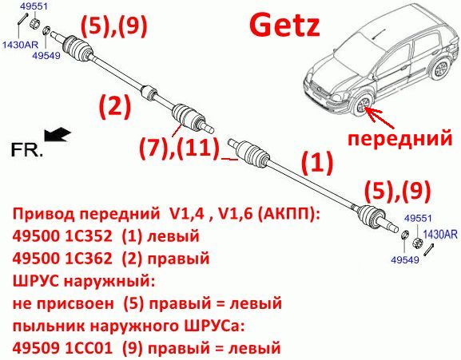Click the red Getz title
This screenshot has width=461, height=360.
pyautogui.click(x=284, y=26)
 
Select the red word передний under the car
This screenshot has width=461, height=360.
pyautogui.click(x=399, y=138)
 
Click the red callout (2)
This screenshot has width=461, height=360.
pyautogui.click(x=115, y=108)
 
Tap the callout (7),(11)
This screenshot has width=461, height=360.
pyautogui.click(x=179, y=148)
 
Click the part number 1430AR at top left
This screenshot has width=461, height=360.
pyautogui.click(x=20, y=45)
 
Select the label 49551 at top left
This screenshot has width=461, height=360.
pyautogui.click(x=34, y=6)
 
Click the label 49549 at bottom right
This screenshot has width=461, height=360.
pyautogui.click(x=405, y=259)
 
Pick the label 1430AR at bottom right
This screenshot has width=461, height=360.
pyautogui.click(x=440, y=235)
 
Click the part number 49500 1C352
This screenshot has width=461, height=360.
pyautogui.click(x=62, y=235)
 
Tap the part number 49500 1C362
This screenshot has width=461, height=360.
pyautogui.click(x=62, y=259)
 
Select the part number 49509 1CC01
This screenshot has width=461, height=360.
pyautogui.click(x=62, y=348)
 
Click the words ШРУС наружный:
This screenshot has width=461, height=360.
pyautogui.click(x=84, y=282)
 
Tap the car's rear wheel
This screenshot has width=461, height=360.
pyautogui.click(x=441, y=68)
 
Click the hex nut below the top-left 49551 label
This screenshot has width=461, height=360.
pyautogui.click(x=34, y=22)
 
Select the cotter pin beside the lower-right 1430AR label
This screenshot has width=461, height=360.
pyautogui.click(x=429, y=250)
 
